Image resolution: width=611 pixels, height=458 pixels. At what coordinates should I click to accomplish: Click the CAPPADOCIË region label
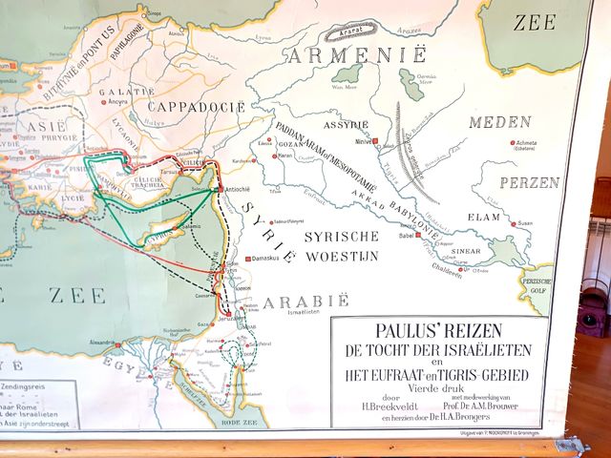point(195,106)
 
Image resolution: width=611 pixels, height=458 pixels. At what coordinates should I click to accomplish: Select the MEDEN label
point(498,122)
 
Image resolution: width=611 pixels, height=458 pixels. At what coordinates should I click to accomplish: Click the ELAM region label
point(484,218)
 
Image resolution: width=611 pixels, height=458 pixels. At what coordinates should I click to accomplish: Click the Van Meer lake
point(346,73)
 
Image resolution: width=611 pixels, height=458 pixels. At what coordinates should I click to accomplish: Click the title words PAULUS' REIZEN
point(438,334)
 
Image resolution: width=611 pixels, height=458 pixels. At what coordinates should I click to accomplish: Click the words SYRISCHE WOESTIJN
point(342,245)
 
